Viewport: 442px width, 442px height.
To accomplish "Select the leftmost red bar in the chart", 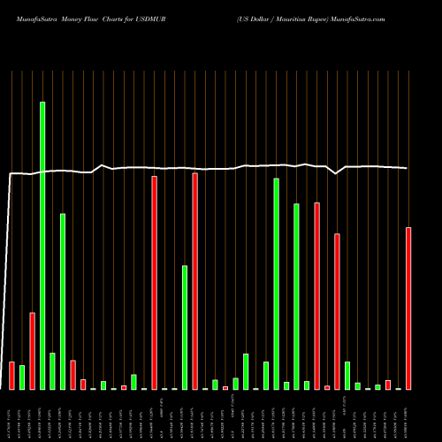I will [x=11, y=376].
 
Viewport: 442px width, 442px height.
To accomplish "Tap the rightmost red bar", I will [x=408, y=309].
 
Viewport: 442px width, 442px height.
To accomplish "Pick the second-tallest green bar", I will [x=277, y=284].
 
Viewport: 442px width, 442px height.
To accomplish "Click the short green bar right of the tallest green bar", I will [x=52, y=371].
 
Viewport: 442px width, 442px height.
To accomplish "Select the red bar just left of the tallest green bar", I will [x=32, y=351].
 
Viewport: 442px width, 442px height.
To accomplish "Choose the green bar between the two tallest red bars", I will [x=185, y=327].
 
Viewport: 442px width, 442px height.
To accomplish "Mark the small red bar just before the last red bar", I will [x=388, y=385].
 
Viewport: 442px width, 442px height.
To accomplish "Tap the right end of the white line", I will [x=408, y=168].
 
